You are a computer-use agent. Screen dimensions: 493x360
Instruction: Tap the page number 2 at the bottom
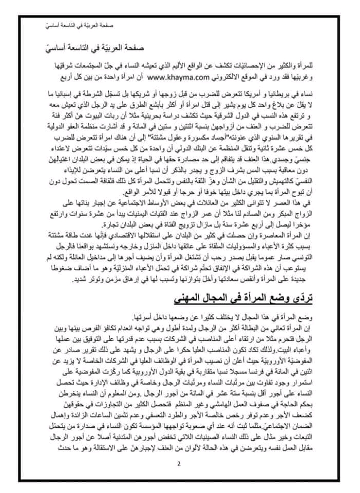click(179, 465)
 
